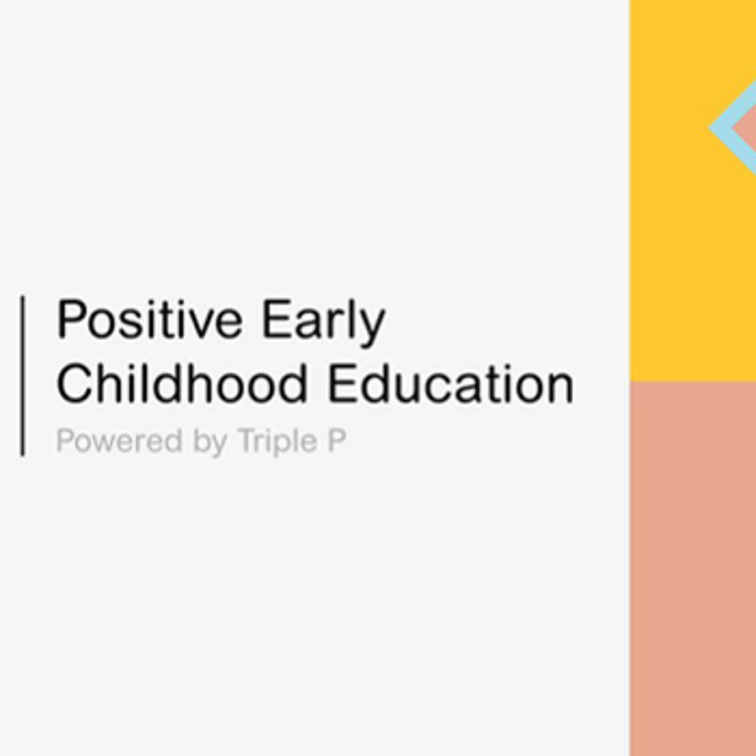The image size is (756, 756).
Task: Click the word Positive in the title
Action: (149, 319)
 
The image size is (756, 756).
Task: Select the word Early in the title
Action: (323, 322)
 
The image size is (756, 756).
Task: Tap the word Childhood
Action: (181, 384)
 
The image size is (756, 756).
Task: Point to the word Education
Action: (451, 384)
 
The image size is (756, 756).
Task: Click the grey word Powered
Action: (119, 440)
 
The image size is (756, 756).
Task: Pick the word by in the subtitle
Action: (210, 441)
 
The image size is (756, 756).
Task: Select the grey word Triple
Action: (278, 441)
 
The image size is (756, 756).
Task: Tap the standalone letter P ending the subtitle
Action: (337, 440)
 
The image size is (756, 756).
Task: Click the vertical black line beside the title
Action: (22, 375)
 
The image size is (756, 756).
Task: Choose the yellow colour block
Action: (693, 190)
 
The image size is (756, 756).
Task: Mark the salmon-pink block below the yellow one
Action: (693, 568)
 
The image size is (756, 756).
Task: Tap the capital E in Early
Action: (276, 319)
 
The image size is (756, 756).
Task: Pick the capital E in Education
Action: (343, 384)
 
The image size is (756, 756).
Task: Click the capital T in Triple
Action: (249, 440)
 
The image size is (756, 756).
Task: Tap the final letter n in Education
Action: (561, 389)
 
